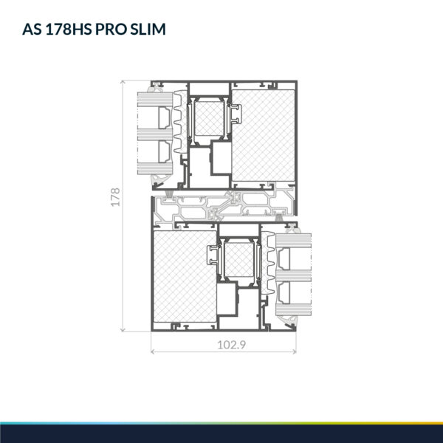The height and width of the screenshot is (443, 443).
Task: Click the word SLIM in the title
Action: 148,29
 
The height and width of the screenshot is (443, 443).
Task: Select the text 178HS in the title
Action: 69,29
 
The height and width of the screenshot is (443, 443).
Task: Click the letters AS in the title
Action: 32,29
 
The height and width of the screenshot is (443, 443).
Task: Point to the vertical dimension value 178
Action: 116,197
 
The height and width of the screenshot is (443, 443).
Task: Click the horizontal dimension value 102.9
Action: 231,345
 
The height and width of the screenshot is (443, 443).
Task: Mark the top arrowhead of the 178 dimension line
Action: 123,82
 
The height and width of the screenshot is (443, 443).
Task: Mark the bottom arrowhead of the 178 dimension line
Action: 123,329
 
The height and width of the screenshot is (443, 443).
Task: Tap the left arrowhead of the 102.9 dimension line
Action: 153,351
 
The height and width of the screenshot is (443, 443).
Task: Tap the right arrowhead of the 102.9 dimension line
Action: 294,351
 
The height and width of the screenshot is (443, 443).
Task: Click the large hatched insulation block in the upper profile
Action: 263,136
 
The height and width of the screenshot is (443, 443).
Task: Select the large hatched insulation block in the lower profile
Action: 185,276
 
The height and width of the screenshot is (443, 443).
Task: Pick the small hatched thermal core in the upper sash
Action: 209,118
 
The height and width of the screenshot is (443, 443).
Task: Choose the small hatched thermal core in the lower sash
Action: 239,260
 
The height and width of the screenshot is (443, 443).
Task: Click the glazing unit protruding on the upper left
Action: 155,134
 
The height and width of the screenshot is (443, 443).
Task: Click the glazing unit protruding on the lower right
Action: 294,275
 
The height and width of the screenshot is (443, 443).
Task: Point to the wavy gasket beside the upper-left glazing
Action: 180,122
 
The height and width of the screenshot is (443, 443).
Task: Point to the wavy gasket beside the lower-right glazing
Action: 268,263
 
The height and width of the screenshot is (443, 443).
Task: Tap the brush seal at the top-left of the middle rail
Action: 169,193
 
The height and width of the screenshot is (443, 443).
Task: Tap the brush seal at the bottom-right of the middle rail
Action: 279,218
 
